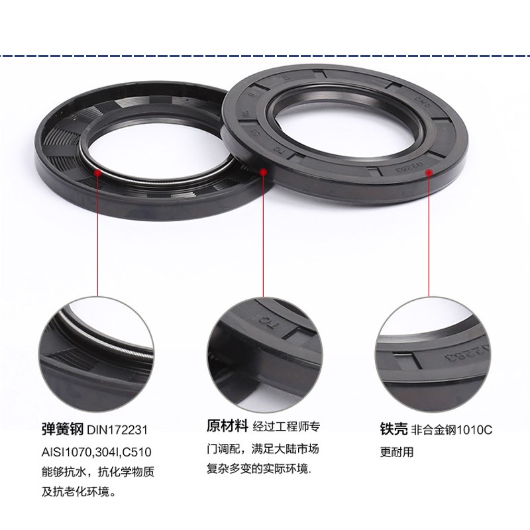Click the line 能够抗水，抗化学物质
click(97, 473)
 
